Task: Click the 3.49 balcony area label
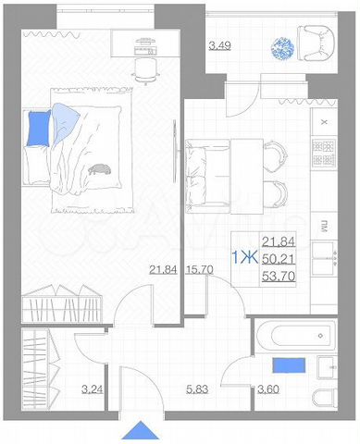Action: point(218,45)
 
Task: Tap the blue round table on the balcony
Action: point(283,49)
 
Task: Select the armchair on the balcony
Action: point(317,43)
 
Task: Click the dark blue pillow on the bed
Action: point(38,129)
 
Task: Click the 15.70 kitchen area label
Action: point(200,270)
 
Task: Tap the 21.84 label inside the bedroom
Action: point(164,270)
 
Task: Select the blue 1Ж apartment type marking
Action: point(243,257)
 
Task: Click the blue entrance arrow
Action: point(140,431)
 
